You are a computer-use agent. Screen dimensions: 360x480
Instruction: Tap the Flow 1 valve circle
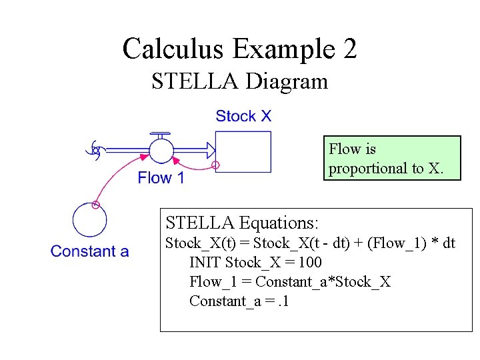[x=161, y=151]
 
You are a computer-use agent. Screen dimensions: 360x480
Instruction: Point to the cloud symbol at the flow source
[x=97, y=151]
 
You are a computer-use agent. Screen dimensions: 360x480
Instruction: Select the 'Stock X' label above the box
[x=243, y=116]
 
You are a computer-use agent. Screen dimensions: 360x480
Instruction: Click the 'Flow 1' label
[x=161, y=178]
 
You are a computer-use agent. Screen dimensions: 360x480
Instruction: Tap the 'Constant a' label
[x=90, y=251]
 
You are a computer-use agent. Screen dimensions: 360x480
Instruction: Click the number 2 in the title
[x=348, y=49]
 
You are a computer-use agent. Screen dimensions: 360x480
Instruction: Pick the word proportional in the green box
[x=367, y=168]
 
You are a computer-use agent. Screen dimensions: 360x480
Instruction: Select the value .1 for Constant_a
[x=283, y=301]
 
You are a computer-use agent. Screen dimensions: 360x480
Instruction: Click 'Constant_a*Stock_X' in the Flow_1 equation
[x=323, y=281]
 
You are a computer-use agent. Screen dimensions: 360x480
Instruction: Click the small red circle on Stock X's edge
[x=215, y=165]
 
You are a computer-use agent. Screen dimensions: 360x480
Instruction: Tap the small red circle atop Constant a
[x=95, y=205]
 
